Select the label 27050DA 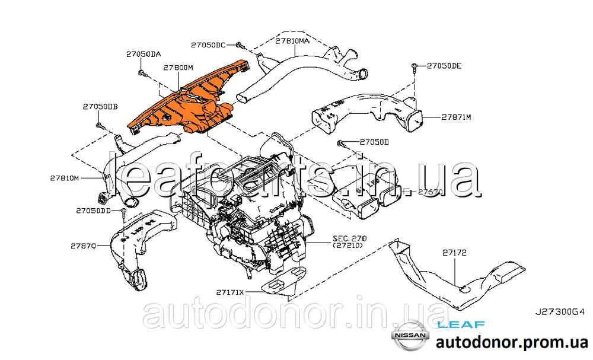click(x=143, y=54)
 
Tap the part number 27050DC click(x=208, y=44)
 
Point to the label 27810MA click(x=292, y=41)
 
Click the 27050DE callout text click(x=444, y=65)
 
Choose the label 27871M click(x=455, y=117)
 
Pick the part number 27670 click(x=431, y=192)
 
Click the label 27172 click(x=455, y=253)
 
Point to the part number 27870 click(x=83, y=245)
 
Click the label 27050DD click(x=93, y=211)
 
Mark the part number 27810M click(x=64, y=177)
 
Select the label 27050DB click(x=100, y=107)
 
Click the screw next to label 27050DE click(x=416, y=66)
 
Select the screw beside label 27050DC click(x=238, y=45)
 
